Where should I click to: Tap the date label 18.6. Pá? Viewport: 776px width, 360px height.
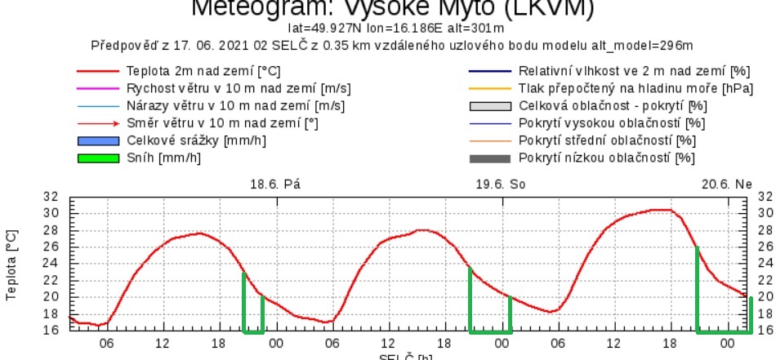coord(275,184)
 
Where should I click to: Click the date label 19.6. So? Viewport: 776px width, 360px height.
coord(501,184)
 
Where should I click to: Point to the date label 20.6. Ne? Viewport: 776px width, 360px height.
coord(726,184)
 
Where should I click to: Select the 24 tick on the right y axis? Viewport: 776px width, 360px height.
coord(764,263)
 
